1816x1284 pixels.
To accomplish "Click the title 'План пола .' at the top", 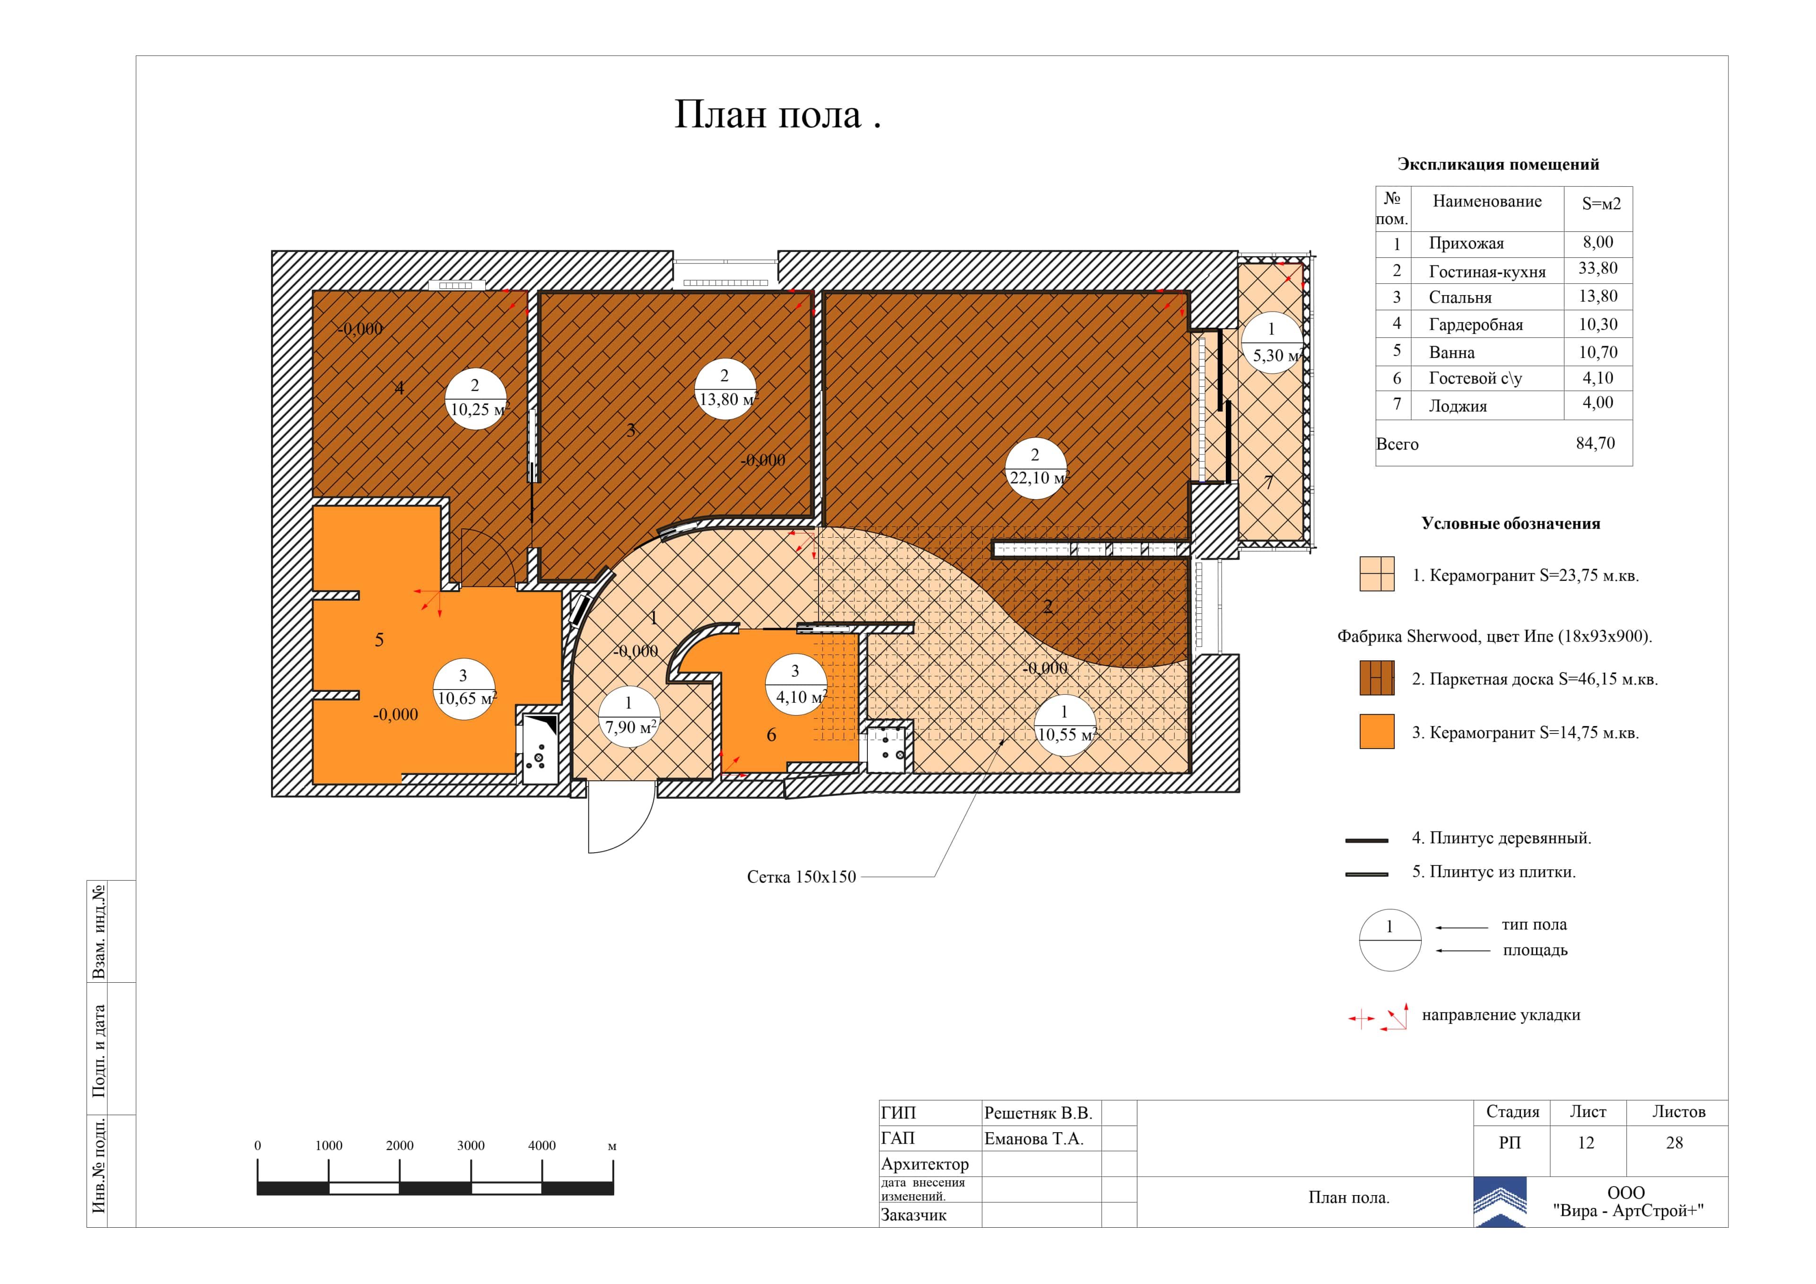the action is pyautogui.click(x=777, y=115).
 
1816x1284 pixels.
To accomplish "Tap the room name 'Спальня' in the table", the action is pyautogui.click(x=1460, y=297).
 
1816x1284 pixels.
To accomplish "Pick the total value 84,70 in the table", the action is pyautogui.click(x=1595, y=443).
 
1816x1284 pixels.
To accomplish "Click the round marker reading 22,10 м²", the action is pyautogui.click(x=1035, y=468).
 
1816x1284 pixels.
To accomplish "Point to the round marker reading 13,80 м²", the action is pyautogui.click(x=725, y=388).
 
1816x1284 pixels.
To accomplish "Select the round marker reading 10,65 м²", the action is pyautogui.click(x=464, y=688).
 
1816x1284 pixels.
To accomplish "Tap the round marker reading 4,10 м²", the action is pyautogui.click(x=796, y=684).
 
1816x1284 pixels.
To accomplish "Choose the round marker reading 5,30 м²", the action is pyautogui.click(x=1271, y=342).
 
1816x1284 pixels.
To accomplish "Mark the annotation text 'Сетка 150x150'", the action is pyautogui.click(x=801, y=876).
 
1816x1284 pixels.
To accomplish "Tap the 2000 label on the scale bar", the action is pyautogui.click(x=400, y=1145).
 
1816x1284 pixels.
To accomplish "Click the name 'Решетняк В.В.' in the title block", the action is pyautogui.click(x=1038, y=1113).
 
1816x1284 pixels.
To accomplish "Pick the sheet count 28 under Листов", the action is pyautogui.click(x=1675, y=1143).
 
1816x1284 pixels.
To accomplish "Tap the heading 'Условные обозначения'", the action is pyautogui.click(x=1510, y=524).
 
